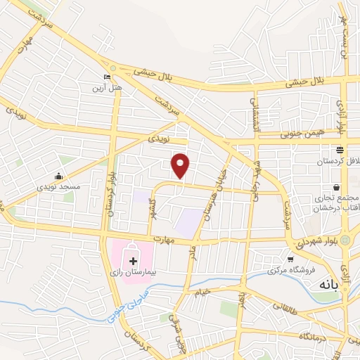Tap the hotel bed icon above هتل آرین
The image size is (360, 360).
coord(107,78)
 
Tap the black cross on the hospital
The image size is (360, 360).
coord(133,259)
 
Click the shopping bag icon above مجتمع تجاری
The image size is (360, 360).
coord(338,188)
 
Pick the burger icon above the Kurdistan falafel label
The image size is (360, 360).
coord(340,150)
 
